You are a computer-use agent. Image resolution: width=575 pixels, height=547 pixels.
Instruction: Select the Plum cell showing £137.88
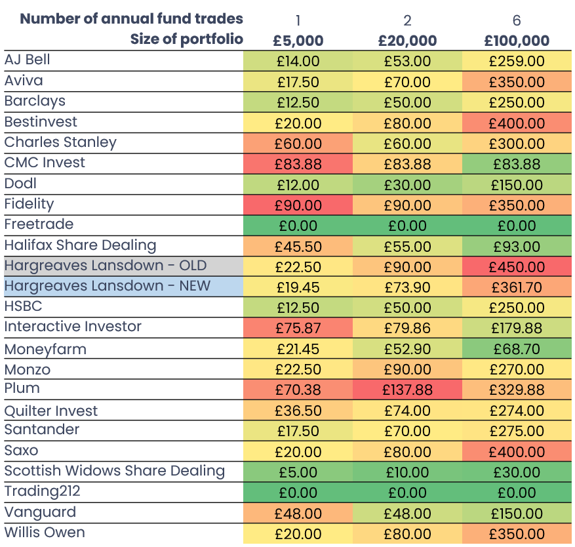tap(407, 390)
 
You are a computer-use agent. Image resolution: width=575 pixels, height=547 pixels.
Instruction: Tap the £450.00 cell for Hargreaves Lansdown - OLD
tap(517, 267)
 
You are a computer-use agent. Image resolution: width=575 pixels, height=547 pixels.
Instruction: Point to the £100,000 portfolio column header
tap(517, 41)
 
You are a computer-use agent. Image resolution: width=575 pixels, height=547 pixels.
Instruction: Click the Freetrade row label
tap(39, 224)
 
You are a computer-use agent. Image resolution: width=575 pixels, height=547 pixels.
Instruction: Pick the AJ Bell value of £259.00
tap(517, 62)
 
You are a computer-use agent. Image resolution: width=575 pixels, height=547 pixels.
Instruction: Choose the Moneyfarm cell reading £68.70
tap(517, 349)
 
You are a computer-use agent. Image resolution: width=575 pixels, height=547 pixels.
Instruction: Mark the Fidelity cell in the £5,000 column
tap(298, 205)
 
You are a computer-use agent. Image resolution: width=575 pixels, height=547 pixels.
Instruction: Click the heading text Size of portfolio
tap(186, 39)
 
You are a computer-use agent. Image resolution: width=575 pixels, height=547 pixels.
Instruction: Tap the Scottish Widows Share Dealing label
tap(114, 471)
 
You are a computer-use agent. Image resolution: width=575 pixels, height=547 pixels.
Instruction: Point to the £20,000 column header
tap(407, 41)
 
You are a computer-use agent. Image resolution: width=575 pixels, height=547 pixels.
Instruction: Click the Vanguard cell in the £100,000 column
tap(517, 514)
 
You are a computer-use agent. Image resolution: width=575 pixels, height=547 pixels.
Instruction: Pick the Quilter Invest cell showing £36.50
tap(298, 411)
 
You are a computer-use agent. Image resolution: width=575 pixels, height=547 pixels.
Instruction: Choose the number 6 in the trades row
tap(517, 20)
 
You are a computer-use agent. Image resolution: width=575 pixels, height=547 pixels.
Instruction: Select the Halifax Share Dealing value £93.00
tap(517, 247)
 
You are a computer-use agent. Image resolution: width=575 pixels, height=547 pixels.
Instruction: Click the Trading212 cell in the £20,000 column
tap(407, 493)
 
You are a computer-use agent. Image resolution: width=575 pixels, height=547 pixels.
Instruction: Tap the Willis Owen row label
tap(45, 533)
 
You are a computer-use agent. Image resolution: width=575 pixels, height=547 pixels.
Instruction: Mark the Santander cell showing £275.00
tap(517, 432)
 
